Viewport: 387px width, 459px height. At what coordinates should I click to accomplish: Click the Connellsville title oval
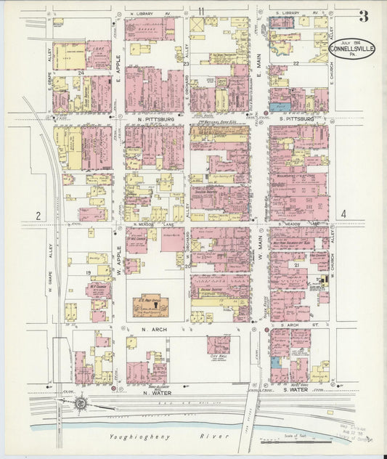coord(352,49)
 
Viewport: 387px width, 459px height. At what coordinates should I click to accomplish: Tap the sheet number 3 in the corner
coord(362,16)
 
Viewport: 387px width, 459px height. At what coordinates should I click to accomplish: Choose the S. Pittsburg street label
coord(296,118)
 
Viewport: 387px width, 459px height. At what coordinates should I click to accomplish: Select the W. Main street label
coord(258,259)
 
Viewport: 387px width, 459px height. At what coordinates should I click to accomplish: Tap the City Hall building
coord(218,344)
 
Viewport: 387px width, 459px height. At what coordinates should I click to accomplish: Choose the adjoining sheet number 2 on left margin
coord(36,215)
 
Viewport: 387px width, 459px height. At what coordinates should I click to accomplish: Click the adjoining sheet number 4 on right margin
coord(344,214)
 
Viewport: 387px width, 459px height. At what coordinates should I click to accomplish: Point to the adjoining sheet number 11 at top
coord(200,9)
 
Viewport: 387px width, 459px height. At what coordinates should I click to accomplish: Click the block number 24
coord(82,73)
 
